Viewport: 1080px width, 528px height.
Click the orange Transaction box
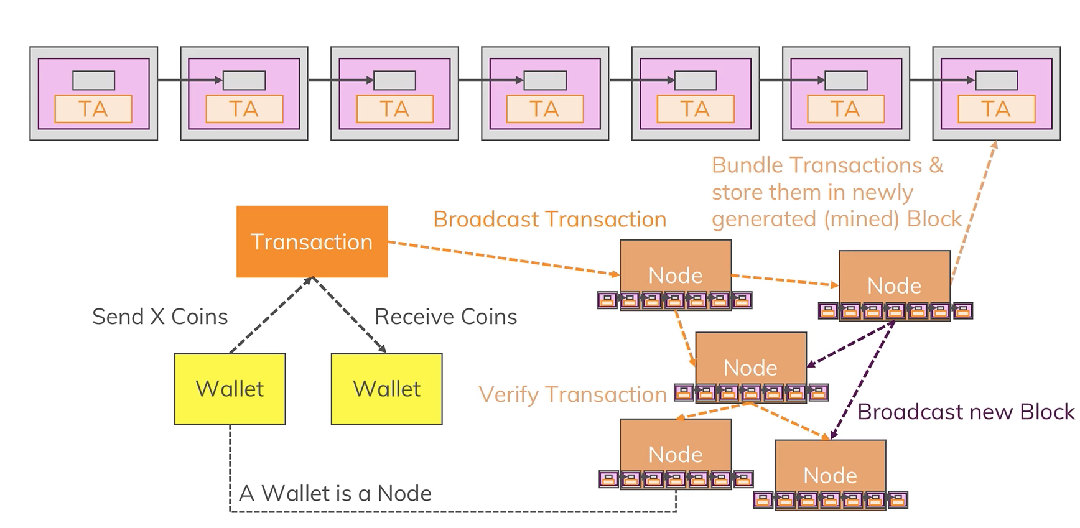312,241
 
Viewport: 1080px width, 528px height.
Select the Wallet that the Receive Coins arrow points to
386,389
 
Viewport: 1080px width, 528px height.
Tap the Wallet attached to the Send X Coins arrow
230,389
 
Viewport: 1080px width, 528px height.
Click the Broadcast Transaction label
549,219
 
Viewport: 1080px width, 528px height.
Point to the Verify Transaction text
572,394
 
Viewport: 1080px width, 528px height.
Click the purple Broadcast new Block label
966,412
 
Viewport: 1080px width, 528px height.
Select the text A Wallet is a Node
335,493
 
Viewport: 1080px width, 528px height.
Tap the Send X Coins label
160,317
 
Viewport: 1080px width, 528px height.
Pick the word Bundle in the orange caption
747,165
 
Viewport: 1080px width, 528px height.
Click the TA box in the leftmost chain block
93,109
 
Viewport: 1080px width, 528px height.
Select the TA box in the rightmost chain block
996,109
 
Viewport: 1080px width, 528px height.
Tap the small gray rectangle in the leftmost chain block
94,80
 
